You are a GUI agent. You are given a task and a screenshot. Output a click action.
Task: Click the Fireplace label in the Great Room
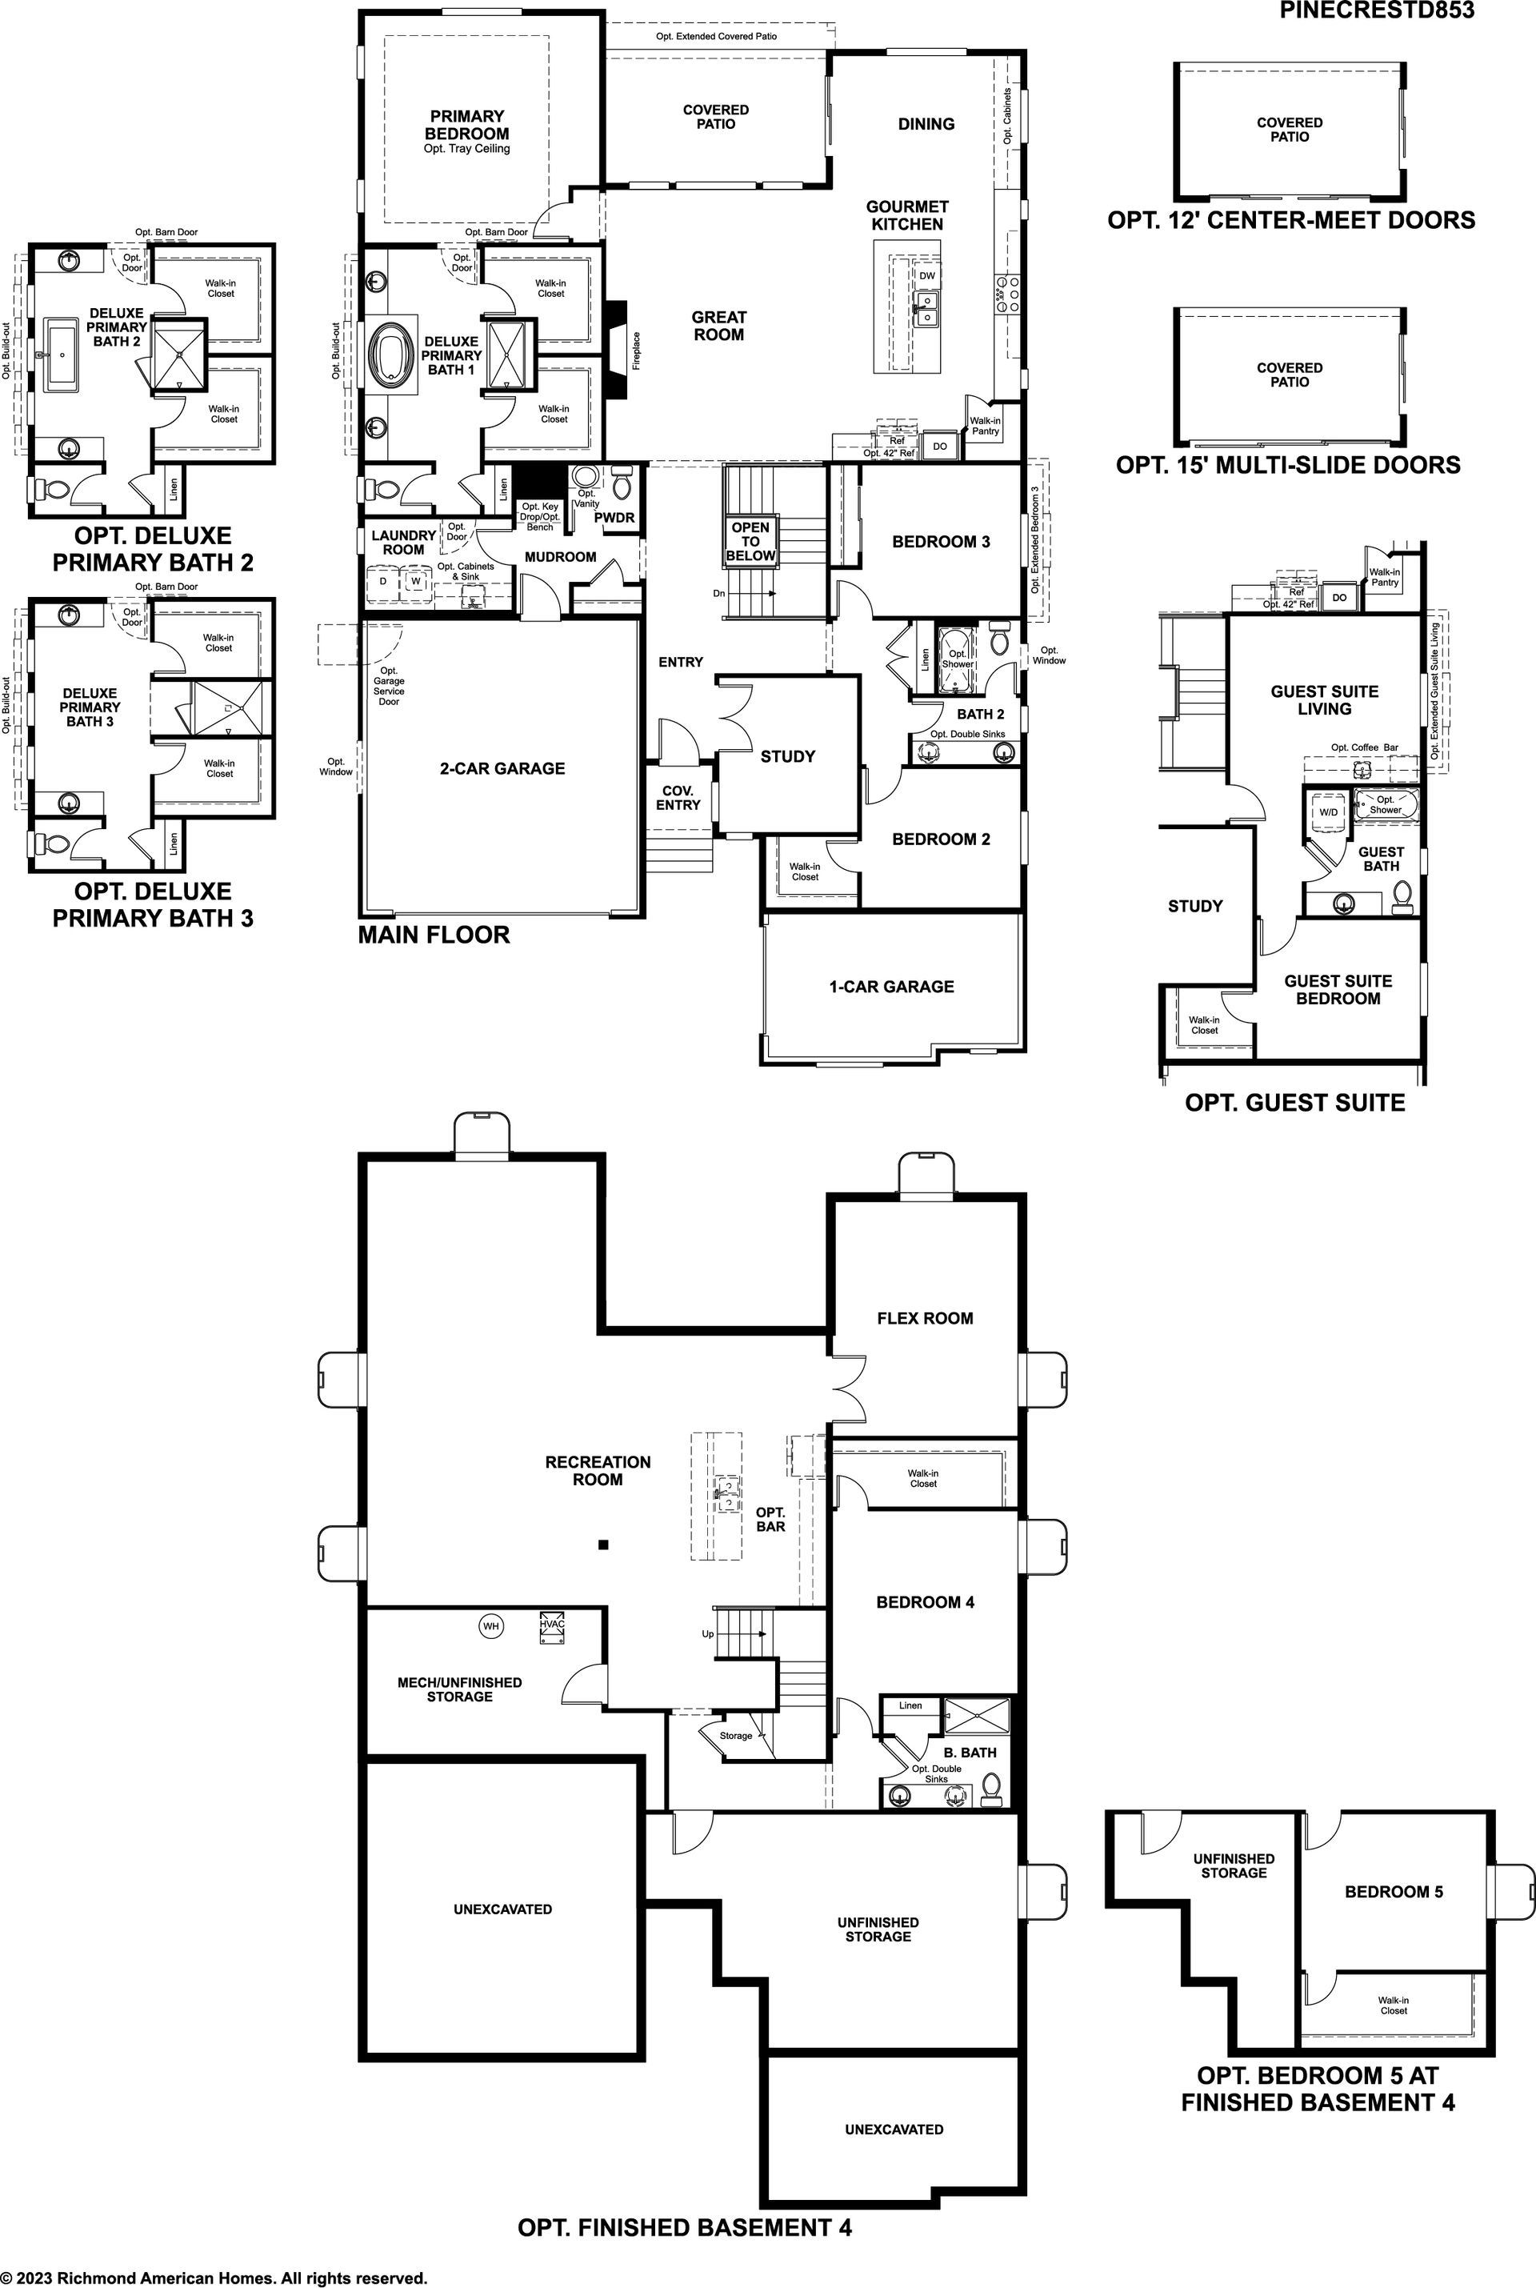point(636,350)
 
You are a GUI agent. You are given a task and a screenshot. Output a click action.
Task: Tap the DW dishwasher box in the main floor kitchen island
point(926,275)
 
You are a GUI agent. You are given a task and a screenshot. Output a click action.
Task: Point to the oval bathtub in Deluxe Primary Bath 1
point(391,354)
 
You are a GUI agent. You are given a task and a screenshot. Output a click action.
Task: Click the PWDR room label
point(614,517)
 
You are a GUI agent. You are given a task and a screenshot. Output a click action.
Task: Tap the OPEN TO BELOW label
point(750,542)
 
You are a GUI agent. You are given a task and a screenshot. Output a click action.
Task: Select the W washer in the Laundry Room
point(415,581)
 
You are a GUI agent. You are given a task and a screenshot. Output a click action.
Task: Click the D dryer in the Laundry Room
point(383,581)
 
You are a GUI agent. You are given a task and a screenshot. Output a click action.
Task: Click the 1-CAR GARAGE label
point(891,987)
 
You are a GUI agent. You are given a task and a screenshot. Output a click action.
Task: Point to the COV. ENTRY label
point(678,798)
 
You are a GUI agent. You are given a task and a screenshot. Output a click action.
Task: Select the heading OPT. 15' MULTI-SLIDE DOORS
point(1288,464)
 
